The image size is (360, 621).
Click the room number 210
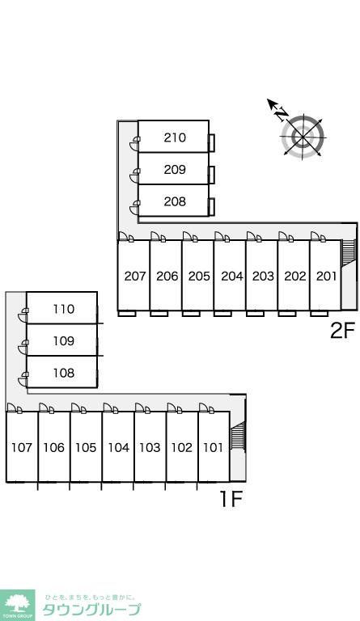click(x=175, y=137)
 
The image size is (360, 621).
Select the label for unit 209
click(x=175, y=170)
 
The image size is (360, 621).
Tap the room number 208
click(x=175, y=201)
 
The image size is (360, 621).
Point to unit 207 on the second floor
click(x=135, y=276)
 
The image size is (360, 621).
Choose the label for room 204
click(x=231, y=276)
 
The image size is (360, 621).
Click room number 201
click(x=326, y=276)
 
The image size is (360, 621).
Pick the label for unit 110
click(x=63, y=309)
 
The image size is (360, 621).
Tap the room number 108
click(x=63, y=373)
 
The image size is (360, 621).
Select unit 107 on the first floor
click(x=21, y=447)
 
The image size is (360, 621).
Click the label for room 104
click(x=118, y=447)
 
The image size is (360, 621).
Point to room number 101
click(x=213, y=447)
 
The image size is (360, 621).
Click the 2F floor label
click(x=342, y=330)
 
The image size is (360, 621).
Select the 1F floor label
click(x=231, y=499)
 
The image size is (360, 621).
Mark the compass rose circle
click(x=303, y=137)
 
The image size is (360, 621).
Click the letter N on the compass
click(x=282, y=115)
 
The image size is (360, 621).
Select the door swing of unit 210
click(x=135, y=144)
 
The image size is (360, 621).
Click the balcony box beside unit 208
click(x=212, y=206)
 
